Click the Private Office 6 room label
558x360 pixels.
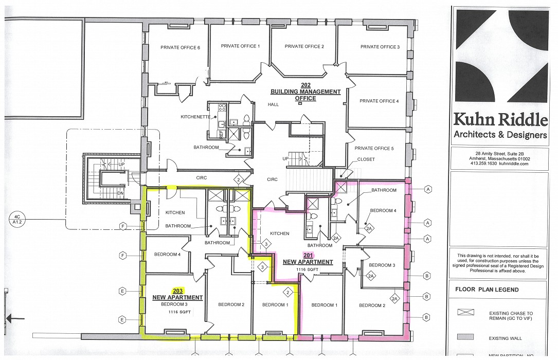[x=180, y=48]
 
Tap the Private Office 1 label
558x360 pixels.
[x=240, y=46]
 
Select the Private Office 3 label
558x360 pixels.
[x=380, y=47]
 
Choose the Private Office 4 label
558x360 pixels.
[x=379, y=101]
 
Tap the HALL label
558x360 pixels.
[x=273, y=105]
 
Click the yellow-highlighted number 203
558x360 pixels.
[x=178, y=291]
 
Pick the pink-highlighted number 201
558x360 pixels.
[x=308, y=255]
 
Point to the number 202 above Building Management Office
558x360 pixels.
[x=305, y=85]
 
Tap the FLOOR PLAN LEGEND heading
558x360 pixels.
[x=487, y=290]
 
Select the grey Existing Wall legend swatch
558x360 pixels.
[x=465, y=337]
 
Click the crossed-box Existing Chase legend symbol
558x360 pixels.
[x=465, y=312]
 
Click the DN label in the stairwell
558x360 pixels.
[x=121, y=193]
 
